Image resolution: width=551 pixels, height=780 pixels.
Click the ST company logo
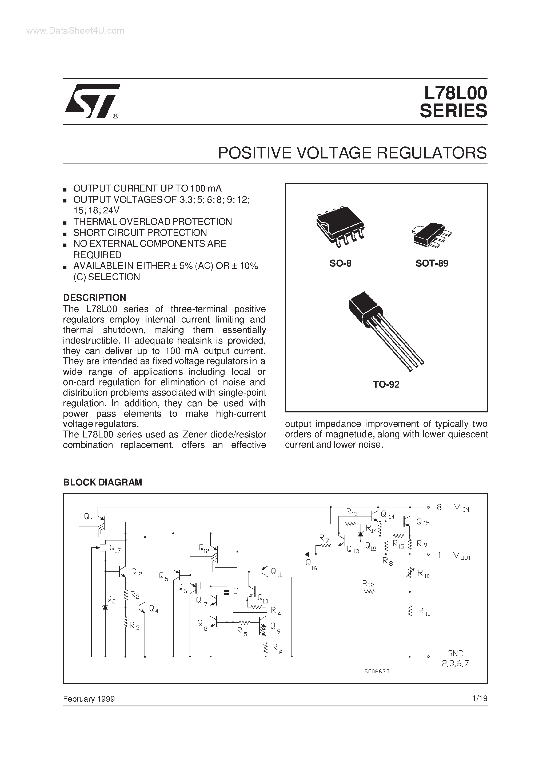point(92,101)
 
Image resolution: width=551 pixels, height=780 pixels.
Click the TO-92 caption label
point(386,384)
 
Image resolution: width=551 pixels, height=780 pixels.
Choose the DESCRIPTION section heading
point(94,298)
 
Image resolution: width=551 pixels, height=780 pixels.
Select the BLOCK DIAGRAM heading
point(103,482)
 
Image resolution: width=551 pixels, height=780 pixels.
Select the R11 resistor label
point(423,611)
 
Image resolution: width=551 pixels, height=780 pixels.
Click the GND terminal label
point(455,653)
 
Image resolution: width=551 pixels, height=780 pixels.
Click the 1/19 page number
point(480,698)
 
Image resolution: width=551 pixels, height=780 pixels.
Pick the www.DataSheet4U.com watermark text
point(75,31)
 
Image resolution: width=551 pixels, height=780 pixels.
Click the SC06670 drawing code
point(377,671)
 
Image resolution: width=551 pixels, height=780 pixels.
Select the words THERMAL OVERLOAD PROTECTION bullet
point(153,221)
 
